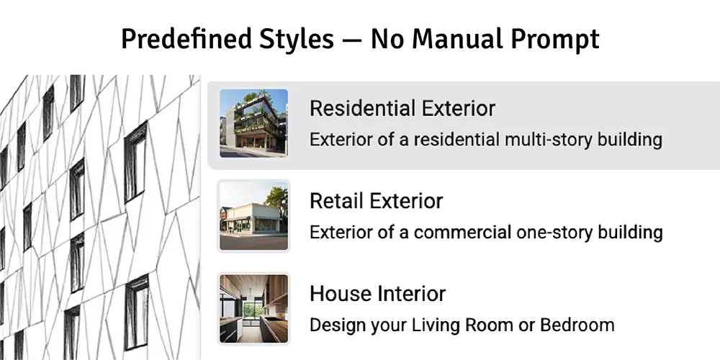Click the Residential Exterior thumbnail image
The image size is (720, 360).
[x=253, y=122]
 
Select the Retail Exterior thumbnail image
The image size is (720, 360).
[x=253, y=215]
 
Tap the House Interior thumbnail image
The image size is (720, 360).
[x=253, y=308]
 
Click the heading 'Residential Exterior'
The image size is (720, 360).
[x=402, y=109]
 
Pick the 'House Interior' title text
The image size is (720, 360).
[x=377, y=294]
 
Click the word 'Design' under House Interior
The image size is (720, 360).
[x=336, y=325]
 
